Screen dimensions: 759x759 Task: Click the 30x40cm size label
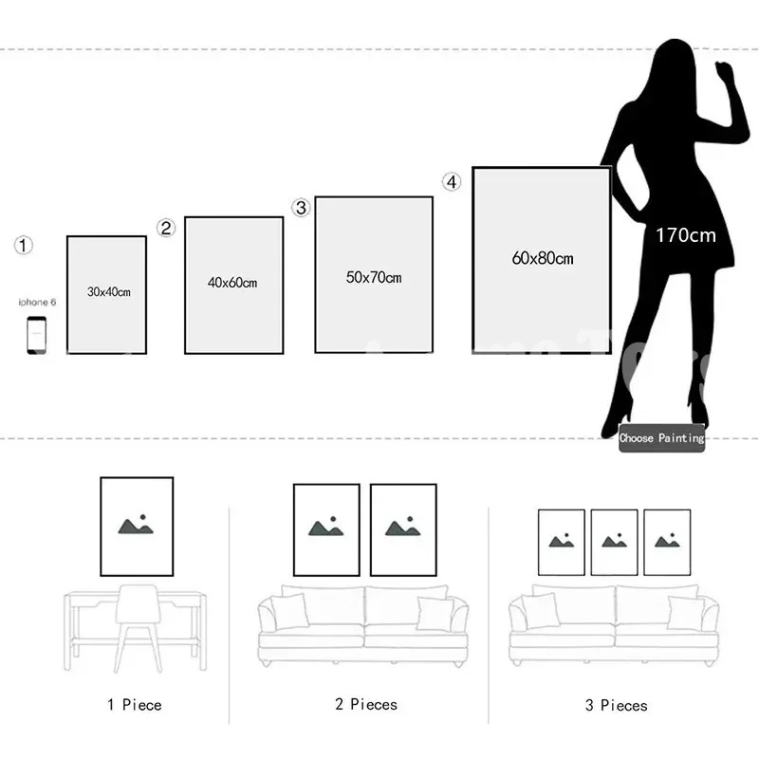tap(108, 292)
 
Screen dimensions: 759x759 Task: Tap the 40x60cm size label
tap(232, 282)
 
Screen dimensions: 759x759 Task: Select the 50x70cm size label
tap(373, 277)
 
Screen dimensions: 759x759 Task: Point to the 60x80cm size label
tap(542, 258)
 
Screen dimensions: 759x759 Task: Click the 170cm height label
tap(685, 235)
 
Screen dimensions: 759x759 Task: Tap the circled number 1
tap(24, 246)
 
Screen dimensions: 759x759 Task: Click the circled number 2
tap(166, 228)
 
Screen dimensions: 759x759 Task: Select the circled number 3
tap(301, 208)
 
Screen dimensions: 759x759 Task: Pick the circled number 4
tap(452, 181)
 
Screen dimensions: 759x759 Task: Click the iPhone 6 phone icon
tap(36, 335)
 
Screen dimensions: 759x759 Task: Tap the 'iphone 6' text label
tap(38, 302)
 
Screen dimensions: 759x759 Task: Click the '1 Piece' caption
tap(134, 705)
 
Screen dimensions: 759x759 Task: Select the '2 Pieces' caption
tap(365, 704)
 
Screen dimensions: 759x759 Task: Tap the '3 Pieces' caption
tap(616, 706)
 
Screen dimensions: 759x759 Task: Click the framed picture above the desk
tap(137, 527)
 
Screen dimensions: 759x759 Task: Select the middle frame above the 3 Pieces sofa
tap(614, 542)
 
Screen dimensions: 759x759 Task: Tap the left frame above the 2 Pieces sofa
tap(326, 529)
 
